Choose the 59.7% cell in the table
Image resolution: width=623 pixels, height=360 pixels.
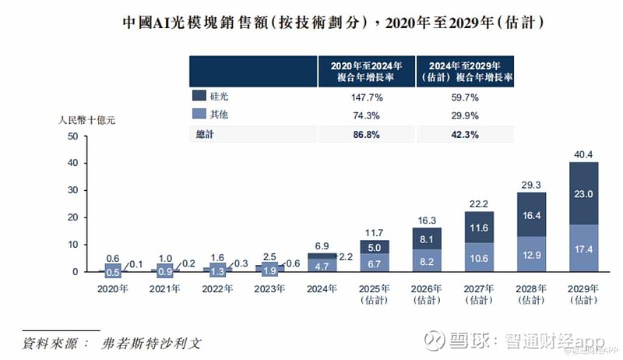[465, 98]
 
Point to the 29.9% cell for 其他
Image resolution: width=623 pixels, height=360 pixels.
[465, 115]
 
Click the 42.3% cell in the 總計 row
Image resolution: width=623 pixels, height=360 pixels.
[465, 133]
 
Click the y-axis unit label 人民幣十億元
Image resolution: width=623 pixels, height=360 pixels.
[89, 121]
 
